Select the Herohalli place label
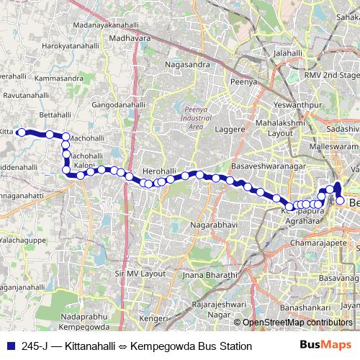tap(159, 171)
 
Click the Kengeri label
tap(151, 318)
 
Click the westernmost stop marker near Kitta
tap(22, 132)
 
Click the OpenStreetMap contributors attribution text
tap(297, 323)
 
